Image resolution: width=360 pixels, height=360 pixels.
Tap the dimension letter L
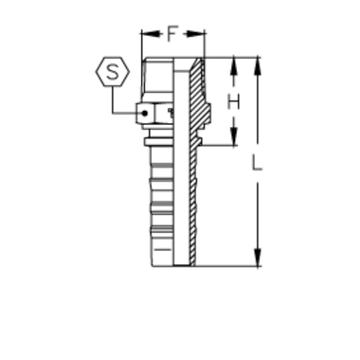[256, 165]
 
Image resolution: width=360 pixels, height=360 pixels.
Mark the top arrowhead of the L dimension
[256, 67]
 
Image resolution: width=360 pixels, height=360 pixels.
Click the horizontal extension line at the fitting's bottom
[227, 261]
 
